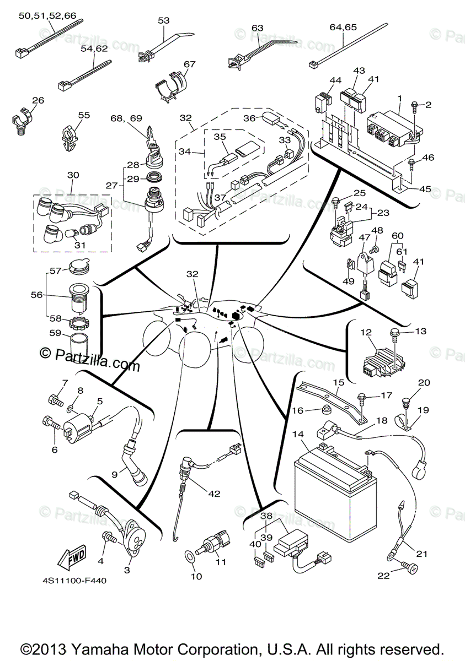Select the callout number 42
[x=214, y=494]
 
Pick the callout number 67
[x=190, y=64]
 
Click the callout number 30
[x=73, y=175]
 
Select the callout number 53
[x=164, y=20]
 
